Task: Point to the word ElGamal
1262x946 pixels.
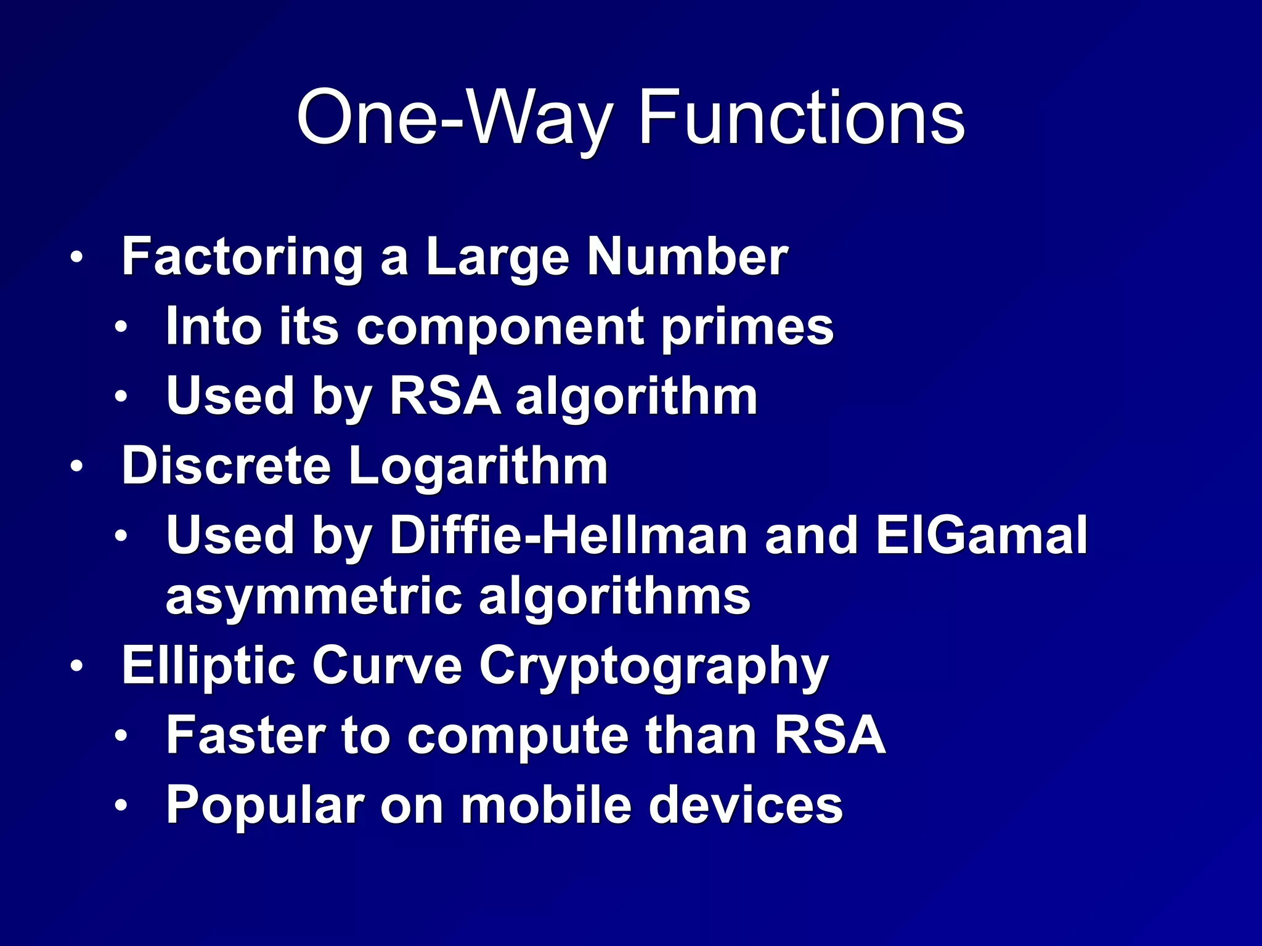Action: (982, 535)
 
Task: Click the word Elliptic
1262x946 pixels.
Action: (208, 666)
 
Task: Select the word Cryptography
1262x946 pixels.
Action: (654, 666)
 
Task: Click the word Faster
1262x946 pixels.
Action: (246, 735)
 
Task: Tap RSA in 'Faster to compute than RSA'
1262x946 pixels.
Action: (829, 735)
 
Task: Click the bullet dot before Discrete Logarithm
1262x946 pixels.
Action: (75, 467)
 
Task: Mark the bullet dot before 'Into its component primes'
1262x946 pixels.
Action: (121, 327)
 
